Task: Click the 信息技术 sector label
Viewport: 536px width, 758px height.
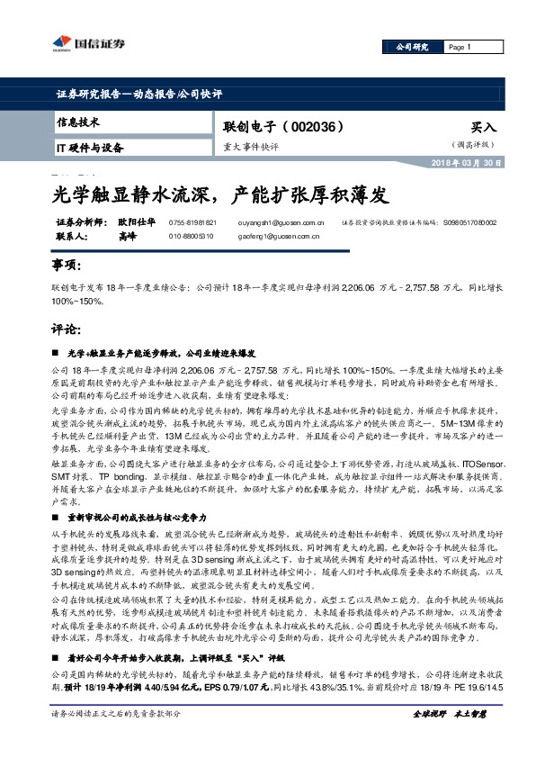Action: pyautogui.click(x=77, y=122)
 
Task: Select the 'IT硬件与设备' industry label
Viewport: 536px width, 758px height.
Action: pyautogui.click(x=90, y=147)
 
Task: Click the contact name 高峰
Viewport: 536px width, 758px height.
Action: pyautogui.click(x=127, y=236)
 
